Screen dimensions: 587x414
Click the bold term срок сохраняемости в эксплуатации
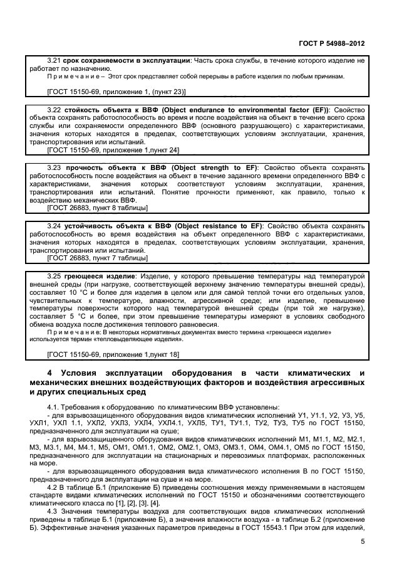127,60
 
